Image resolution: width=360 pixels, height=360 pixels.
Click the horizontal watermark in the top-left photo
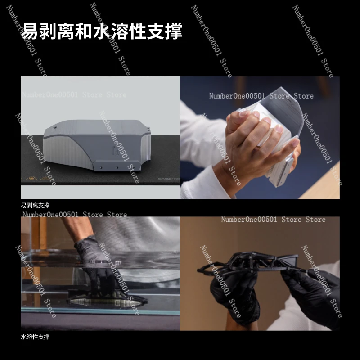coord(75,95)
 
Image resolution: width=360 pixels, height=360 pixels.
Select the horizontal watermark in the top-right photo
coord(261,96)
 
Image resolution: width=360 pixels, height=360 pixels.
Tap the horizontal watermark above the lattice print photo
coord(273,220)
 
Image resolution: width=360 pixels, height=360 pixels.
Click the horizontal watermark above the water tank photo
coord(75,215)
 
